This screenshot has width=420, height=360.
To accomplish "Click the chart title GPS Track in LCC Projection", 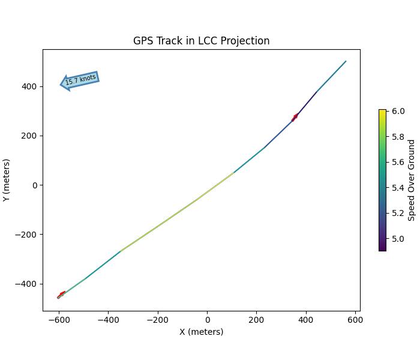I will (x=201, y=41).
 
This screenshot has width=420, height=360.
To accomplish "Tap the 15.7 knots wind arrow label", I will (x=80, y=80).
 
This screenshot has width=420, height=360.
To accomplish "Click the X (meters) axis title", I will (x=201, y=332).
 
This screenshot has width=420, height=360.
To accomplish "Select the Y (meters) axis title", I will (x=7, y=180).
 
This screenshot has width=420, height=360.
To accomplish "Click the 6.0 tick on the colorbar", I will (x=398, y=111).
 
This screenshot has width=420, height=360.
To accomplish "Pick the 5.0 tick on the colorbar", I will (x=398, y=239).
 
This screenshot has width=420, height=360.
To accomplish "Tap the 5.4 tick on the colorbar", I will (x=398, y=188).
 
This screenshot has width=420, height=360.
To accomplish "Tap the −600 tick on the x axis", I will (x=58, y=319).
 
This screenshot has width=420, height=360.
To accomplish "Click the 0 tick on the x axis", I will (x=207, y=319).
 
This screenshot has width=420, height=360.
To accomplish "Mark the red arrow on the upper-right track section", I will (x=295, y=117).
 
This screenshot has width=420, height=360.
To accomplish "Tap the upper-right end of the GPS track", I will (x=346, y=61).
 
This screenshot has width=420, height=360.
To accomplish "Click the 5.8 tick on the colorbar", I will (x=398, y=137).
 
